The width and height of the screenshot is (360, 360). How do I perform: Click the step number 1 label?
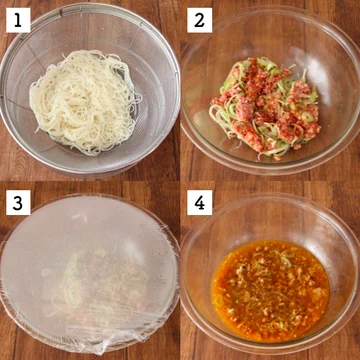(17, 19)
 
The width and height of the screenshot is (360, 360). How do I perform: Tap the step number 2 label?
(199, 19)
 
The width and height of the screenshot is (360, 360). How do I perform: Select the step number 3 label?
(17, 203)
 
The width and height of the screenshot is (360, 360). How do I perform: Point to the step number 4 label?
(199, 203)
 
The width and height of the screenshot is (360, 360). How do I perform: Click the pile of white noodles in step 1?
(85, 100)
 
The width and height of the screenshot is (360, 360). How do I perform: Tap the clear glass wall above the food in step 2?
(270, 40)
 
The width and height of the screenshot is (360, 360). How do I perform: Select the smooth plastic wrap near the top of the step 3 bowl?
(90, 220)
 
